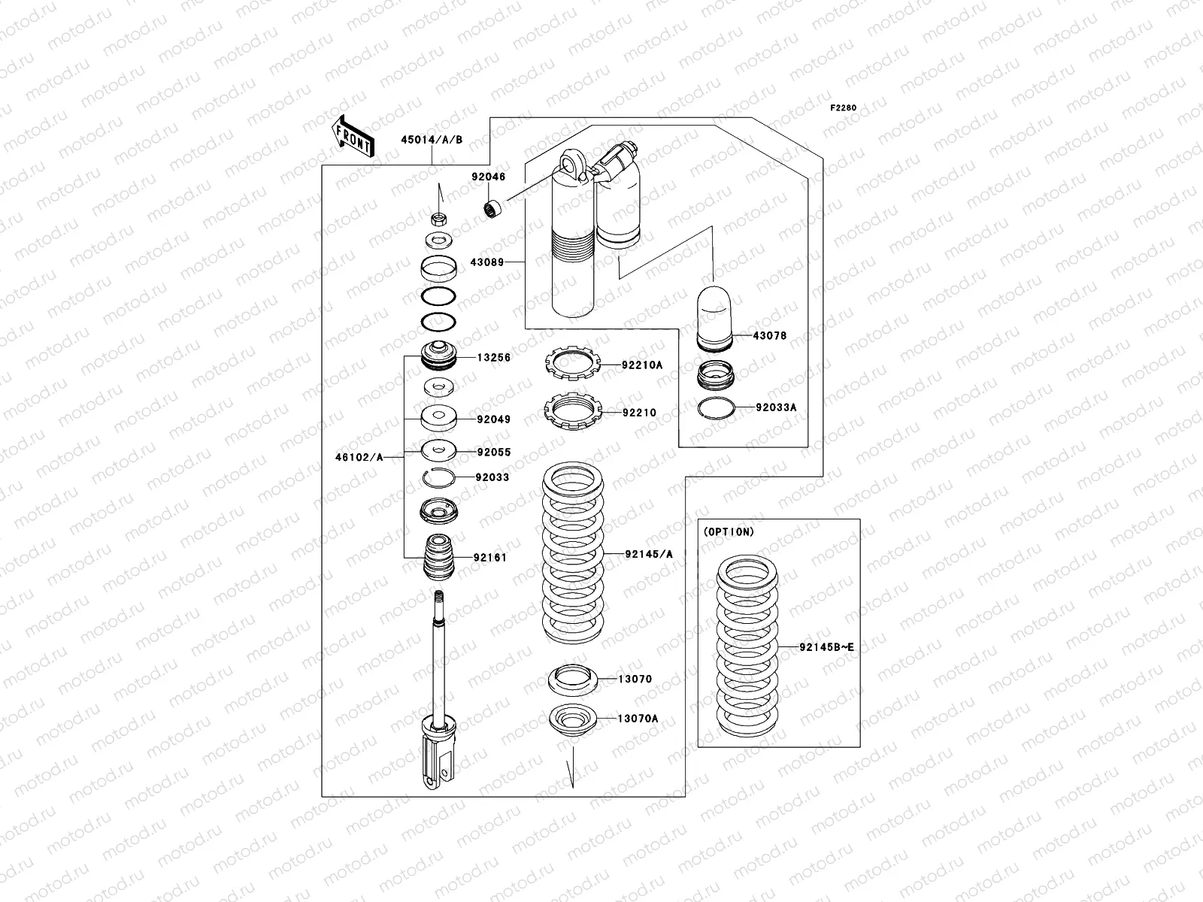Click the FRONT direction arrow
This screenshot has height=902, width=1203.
click(x=353, y=136)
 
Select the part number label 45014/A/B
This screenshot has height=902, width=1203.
click(x=432, y=140)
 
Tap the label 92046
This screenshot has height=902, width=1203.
click(x=489, y=177)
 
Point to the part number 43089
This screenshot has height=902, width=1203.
click(x=489, y=262)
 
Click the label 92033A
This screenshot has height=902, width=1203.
click(x=776, y=407)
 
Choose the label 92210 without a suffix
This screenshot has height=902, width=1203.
click(x=639, y=413)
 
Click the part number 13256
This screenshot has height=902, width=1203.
click(x=493, y=358)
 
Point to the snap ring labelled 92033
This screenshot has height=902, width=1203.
click(x=438, y=477)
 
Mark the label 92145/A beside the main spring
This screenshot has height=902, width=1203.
click(x=649, y=555)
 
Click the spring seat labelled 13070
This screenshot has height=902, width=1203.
click(x=572, y=680)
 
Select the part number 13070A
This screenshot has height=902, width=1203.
click(x=638, y=719)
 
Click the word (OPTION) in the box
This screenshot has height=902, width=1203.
click(x=728, y=531)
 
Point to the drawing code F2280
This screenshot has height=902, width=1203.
click(x=843, y=107)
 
